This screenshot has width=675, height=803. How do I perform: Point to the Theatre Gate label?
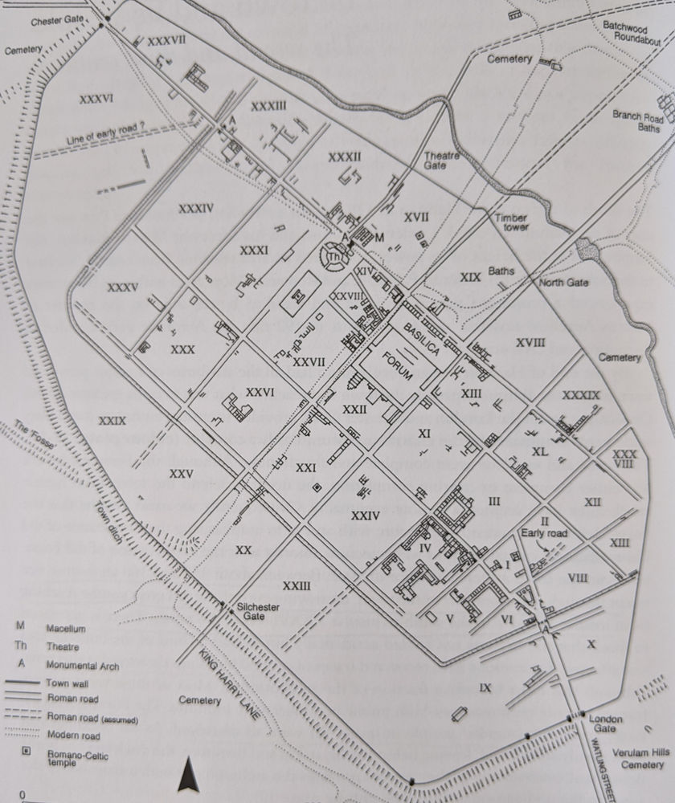tap(442, 161)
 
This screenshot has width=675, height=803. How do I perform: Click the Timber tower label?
tap(511, 222)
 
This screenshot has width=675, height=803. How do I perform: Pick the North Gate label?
tap(564, 283)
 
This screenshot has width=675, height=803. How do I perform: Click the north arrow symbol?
tap(188, 774)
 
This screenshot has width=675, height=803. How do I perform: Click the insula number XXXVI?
tap(96, 99)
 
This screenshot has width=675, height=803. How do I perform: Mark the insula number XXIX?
tap(112, 420)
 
